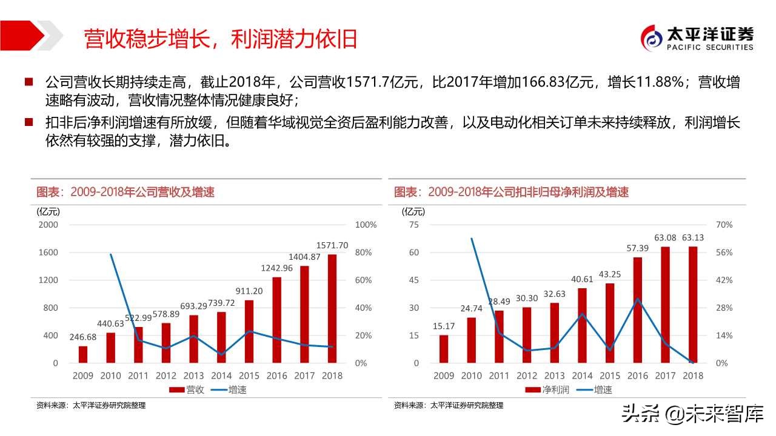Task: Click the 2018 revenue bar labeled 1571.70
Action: (332, 309)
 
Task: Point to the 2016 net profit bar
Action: (637, 310)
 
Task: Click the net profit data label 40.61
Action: (582, 279)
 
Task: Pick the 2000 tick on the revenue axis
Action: (48, 225)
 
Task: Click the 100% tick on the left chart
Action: (366, 225)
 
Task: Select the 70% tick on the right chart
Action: (724, 225)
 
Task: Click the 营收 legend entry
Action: (188, 390)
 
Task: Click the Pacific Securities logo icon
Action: (653, 38)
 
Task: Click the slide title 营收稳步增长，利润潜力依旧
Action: (220, 38)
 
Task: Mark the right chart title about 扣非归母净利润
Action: (511, 192)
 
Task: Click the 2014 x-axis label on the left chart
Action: (222, 375)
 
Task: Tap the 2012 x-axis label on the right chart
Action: (527, 375)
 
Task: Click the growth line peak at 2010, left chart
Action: (111, 254)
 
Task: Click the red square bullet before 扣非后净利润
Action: (28, 122)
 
